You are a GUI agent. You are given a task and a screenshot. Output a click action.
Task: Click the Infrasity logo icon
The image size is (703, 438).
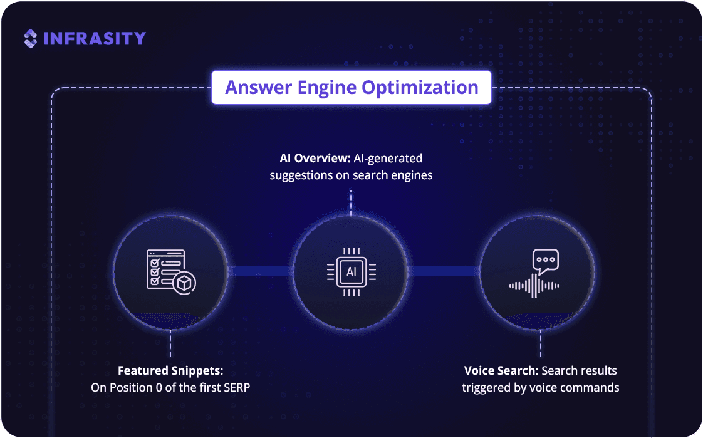tap(31, 39)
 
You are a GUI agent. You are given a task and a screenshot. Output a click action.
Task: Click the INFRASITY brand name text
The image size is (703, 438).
tap(95, 39)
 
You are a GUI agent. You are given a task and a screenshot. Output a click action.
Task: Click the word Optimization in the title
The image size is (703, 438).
tap(420, 88)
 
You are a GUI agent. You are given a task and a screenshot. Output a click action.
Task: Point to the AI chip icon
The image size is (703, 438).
tap(351, 272)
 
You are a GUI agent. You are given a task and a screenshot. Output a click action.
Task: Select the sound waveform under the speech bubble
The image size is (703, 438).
tap(534, 286)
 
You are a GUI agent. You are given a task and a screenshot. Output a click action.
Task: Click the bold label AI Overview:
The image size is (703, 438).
tap(315, 159)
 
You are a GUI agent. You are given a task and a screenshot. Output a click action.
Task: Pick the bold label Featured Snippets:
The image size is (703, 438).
tap(170, 371)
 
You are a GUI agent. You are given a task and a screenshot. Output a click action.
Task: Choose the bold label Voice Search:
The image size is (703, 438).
tap(501, 371)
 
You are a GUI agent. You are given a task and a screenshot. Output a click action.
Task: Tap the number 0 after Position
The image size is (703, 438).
tap(159, 388)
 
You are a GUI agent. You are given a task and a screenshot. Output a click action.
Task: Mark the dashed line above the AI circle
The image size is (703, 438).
tap(351, 202)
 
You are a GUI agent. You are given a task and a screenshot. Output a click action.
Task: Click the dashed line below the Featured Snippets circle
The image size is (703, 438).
tap(170, 344)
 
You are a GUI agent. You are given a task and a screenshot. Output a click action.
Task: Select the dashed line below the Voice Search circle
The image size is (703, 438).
tap(540, 344)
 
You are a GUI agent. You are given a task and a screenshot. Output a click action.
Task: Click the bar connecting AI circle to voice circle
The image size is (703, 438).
tap(444, 271)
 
